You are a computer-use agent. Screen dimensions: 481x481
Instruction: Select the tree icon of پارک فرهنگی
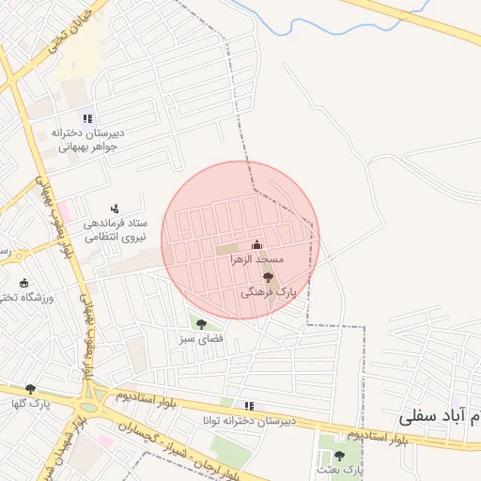(268, 277)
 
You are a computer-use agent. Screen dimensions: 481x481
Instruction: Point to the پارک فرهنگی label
(268, 292)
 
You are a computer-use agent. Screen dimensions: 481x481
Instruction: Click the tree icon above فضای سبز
(201, 324)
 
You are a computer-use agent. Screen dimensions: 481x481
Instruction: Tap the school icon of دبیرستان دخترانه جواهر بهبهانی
(87, 118)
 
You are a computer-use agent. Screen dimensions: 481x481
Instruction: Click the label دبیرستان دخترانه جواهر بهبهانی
(86, 139)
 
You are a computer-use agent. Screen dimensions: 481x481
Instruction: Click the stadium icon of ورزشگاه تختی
(24, 283)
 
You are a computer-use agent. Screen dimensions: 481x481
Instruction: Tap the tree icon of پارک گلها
(30, 388)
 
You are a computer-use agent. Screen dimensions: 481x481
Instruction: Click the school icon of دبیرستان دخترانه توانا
(249, 406)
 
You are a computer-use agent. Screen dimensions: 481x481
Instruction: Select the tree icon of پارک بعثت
(339, 456)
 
